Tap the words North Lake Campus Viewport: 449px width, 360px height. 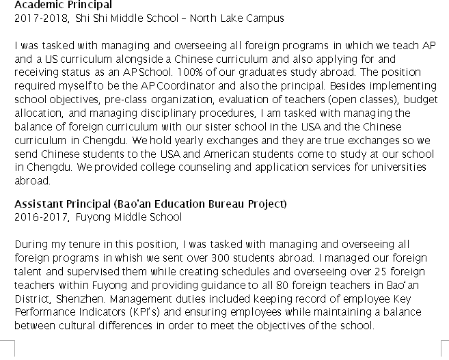(x=242, y=18)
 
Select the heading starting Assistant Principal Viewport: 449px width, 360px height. (x=150, y=204)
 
